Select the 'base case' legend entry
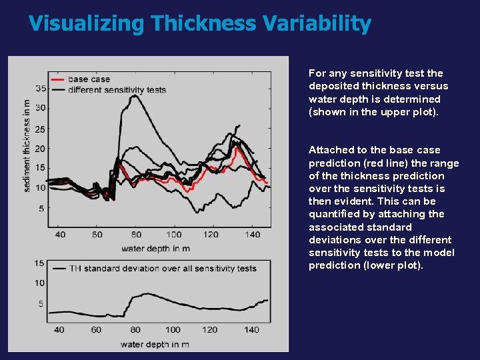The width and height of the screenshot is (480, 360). tap(89, 79)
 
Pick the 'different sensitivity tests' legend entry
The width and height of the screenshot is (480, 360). tap(117, 89)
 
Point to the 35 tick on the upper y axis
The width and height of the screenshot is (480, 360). tap(40, 88)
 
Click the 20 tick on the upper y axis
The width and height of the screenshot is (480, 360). tap(40, 149)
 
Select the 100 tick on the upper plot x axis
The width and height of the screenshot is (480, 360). tap(174, 235)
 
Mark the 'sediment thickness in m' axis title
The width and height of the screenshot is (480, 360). tap(27, 146)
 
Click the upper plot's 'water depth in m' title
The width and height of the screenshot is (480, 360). tap(155, 249)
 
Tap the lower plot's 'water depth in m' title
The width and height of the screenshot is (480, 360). tap(155, 344)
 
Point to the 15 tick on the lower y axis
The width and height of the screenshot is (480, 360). tap(40, 263)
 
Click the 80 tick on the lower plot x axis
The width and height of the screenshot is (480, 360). tap(135, 329)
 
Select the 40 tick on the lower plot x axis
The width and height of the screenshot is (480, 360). tap(59, 329)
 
